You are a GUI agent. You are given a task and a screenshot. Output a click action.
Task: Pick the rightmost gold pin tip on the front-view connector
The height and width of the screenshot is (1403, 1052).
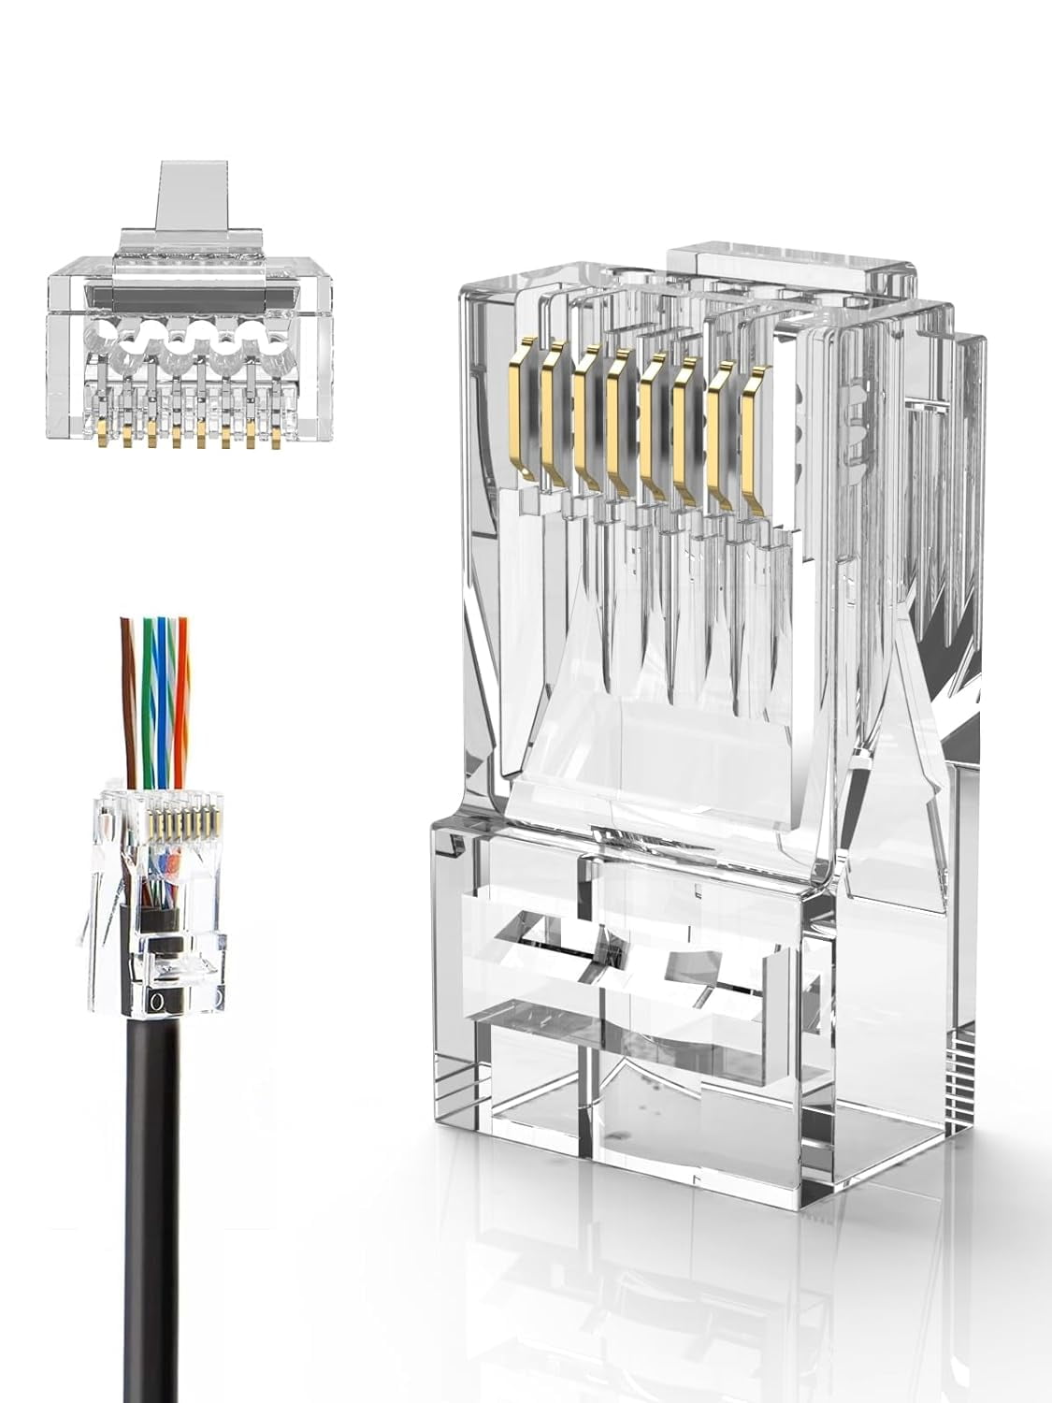tap(276, 436)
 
